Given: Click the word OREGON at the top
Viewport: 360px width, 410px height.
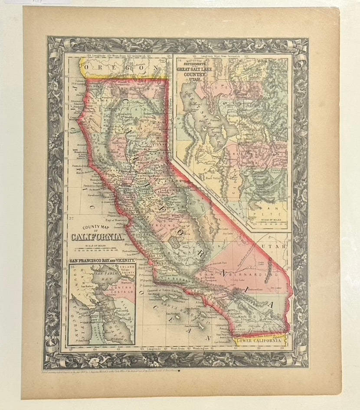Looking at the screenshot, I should coord(116,68).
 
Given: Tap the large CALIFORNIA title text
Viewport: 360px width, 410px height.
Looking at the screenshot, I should coord(98,237).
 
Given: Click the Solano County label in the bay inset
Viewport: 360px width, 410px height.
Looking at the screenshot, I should coord(126,271).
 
